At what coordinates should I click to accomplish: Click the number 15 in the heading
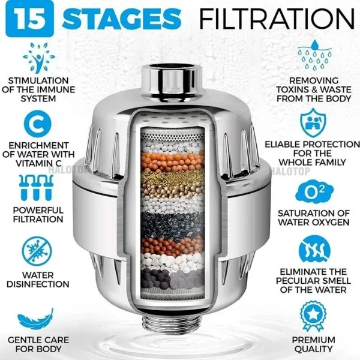click(27, 18)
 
